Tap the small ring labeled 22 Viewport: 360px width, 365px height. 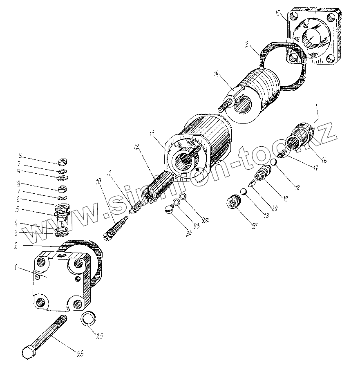[x=183, y=198]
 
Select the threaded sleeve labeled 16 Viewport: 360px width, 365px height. [x=302, y=134]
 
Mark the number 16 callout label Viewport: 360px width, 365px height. [x=324, y=160]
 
